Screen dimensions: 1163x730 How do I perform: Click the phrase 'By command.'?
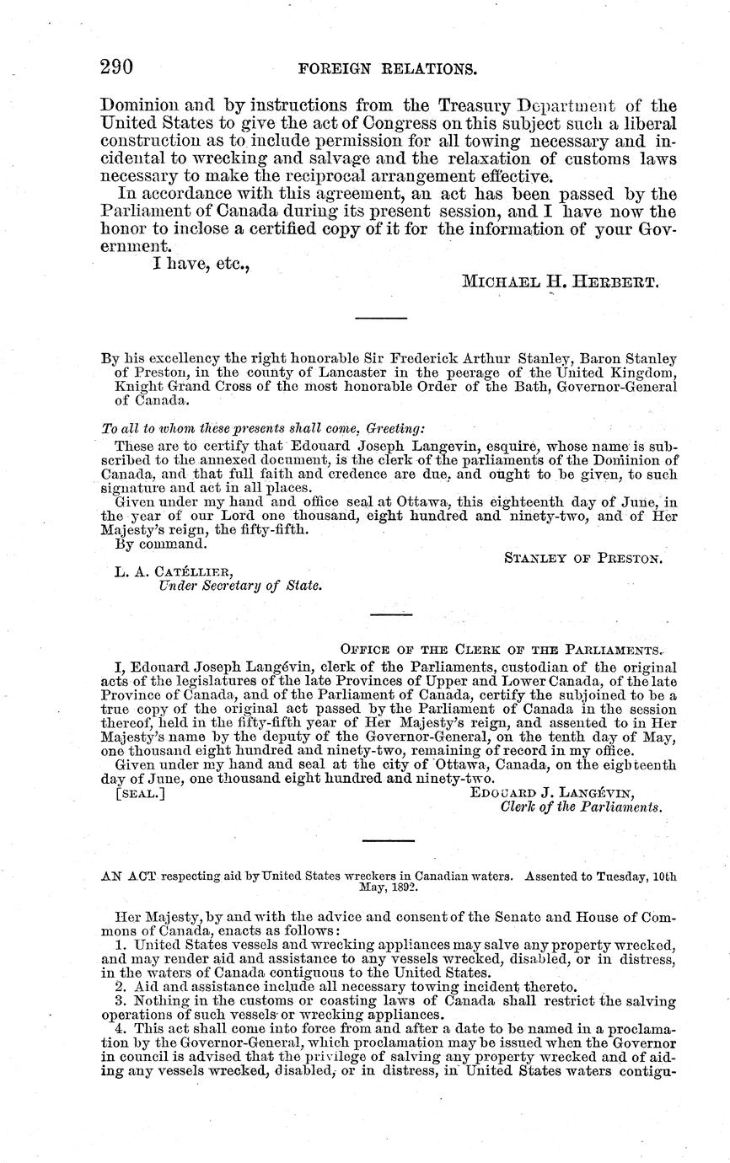pos(158,544)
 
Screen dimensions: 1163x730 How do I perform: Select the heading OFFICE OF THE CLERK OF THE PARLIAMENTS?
pos(501,649)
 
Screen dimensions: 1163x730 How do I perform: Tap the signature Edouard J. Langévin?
pos(552,793)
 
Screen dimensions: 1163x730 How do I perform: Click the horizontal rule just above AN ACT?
pos(388,840)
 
